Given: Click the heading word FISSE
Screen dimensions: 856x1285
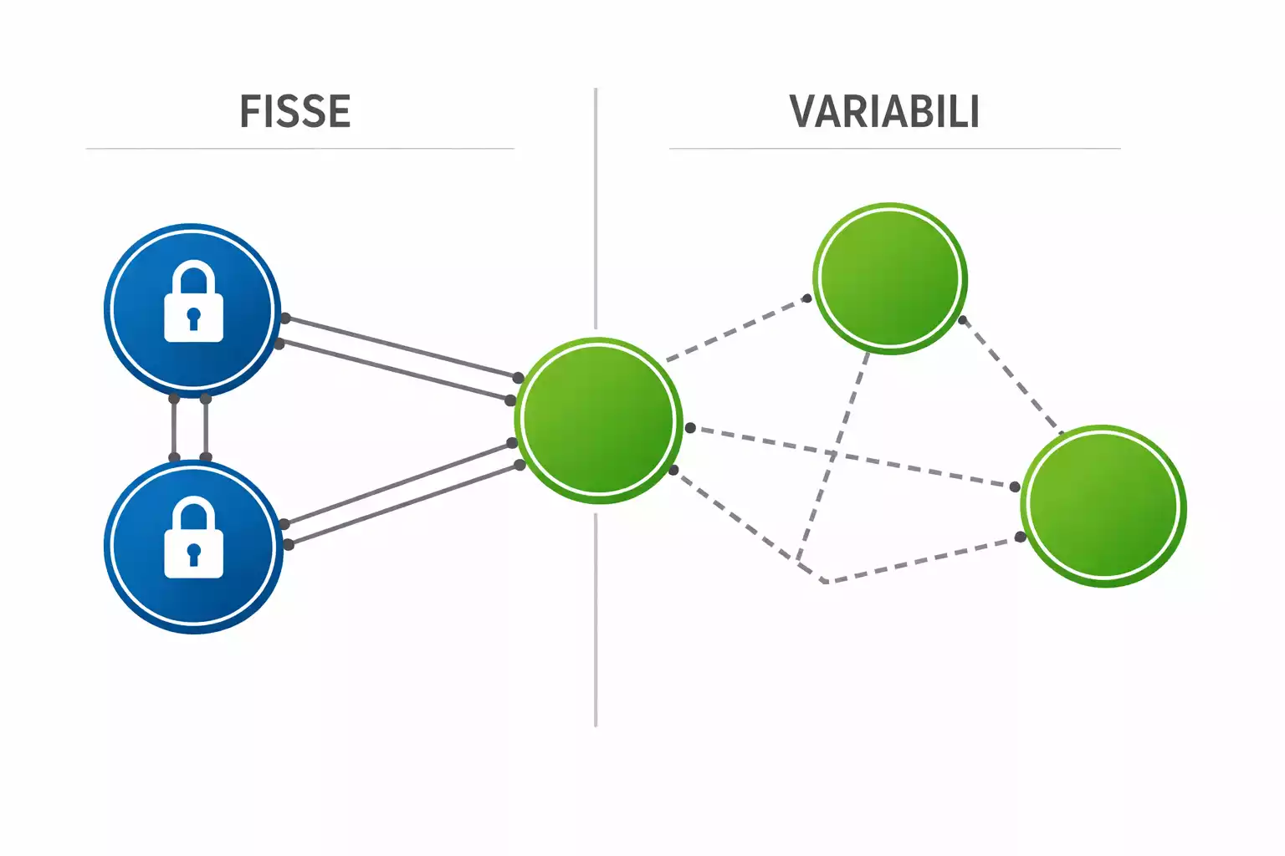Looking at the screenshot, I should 294,112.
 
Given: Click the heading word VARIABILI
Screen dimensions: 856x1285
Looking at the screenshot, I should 884,112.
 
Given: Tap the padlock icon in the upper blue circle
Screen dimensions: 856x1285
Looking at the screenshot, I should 193,302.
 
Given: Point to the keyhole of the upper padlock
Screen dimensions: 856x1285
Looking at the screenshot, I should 193,318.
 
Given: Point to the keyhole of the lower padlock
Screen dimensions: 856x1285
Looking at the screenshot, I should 193,553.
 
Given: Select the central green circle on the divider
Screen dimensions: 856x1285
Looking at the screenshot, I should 598,420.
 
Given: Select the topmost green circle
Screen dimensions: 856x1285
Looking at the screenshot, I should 889,278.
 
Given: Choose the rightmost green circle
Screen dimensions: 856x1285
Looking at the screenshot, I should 1103,506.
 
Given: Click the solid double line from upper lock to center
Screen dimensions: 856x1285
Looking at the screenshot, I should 397,358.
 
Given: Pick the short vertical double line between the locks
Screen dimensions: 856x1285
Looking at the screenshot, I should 190,428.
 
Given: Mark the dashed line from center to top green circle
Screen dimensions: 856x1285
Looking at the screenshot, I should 736,329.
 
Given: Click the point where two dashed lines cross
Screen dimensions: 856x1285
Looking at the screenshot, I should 834,454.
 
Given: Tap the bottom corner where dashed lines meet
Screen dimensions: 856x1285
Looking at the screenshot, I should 824,580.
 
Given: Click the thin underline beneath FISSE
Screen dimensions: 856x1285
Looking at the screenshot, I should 299,149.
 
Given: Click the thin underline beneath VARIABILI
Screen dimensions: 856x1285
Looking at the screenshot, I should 894,149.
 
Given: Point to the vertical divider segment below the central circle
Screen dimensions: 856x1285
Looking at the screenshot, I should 596,619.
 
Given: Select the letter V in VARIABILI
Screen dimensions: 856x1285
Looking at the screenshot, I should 803,112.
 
